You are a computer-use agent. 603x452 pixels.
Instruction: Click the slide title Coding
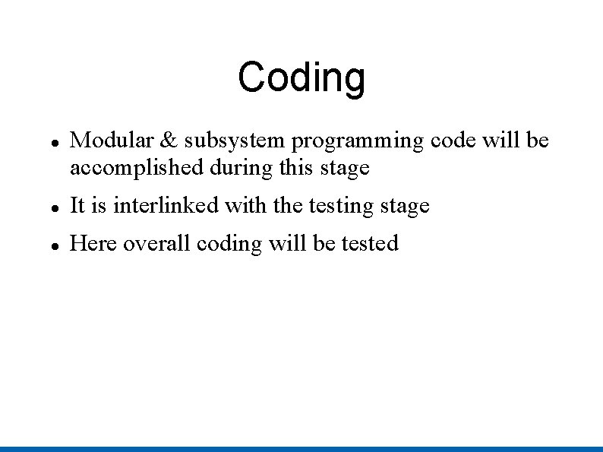click(x=301, y=77)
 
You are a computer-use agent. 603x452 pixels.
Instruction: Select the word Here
click(x=93, y=243)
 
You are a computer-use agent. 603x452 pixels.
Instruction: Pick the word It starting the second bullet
click(x=77, y=205)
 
